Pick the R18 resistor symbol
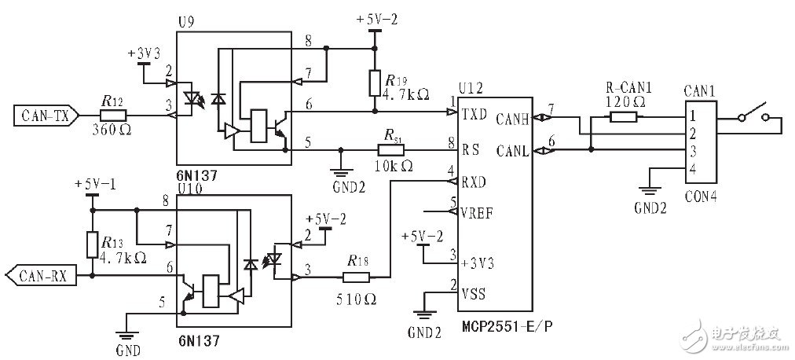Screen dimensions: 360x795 tap(356, 277)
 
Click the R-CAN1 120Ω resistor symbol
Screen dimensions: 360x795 tap(625, 117)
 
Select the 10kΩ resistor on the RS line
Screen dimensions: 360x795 tap(390, 149)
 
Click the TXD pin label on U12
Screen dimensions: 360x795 tap(474, 113)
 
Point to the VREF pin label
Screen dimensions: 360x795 tap(478, 212)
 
